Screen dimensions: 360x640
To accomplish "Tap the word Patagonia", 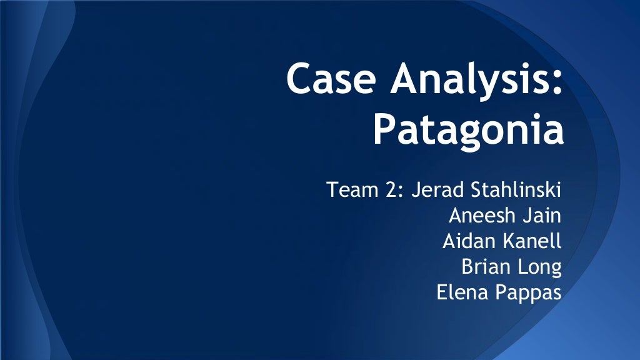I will [468, 130].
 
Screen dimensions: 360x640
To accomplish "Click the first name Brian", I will [483, 267].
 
